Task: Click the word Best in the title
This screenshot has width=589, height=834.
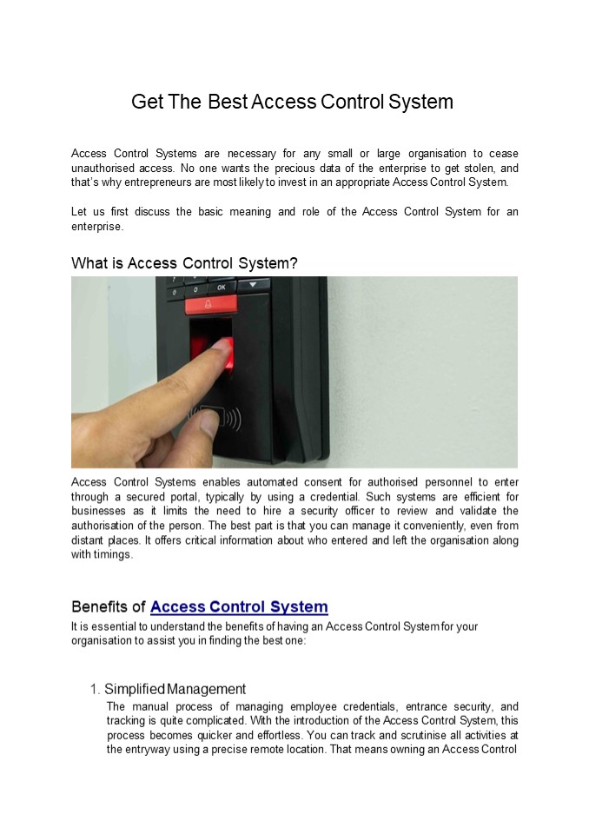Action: point(227,102)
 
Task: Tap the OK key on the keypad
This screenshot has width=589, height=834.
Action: point(221,287)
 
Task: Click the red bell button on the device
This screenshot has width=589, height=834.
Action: point(208,305)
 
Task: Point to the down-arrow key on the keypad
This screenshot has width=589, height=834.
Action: point(253,284)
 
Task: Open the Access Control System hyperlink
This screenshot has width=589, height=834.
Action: point(239,606)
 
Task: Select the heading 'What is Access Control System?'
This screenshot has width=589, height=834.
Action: point(184,262)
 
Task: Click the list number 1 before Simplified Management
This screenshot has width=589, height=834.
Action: point(94,689)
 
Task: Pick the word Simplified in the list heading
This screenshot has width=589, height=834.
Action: point(134,689)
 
